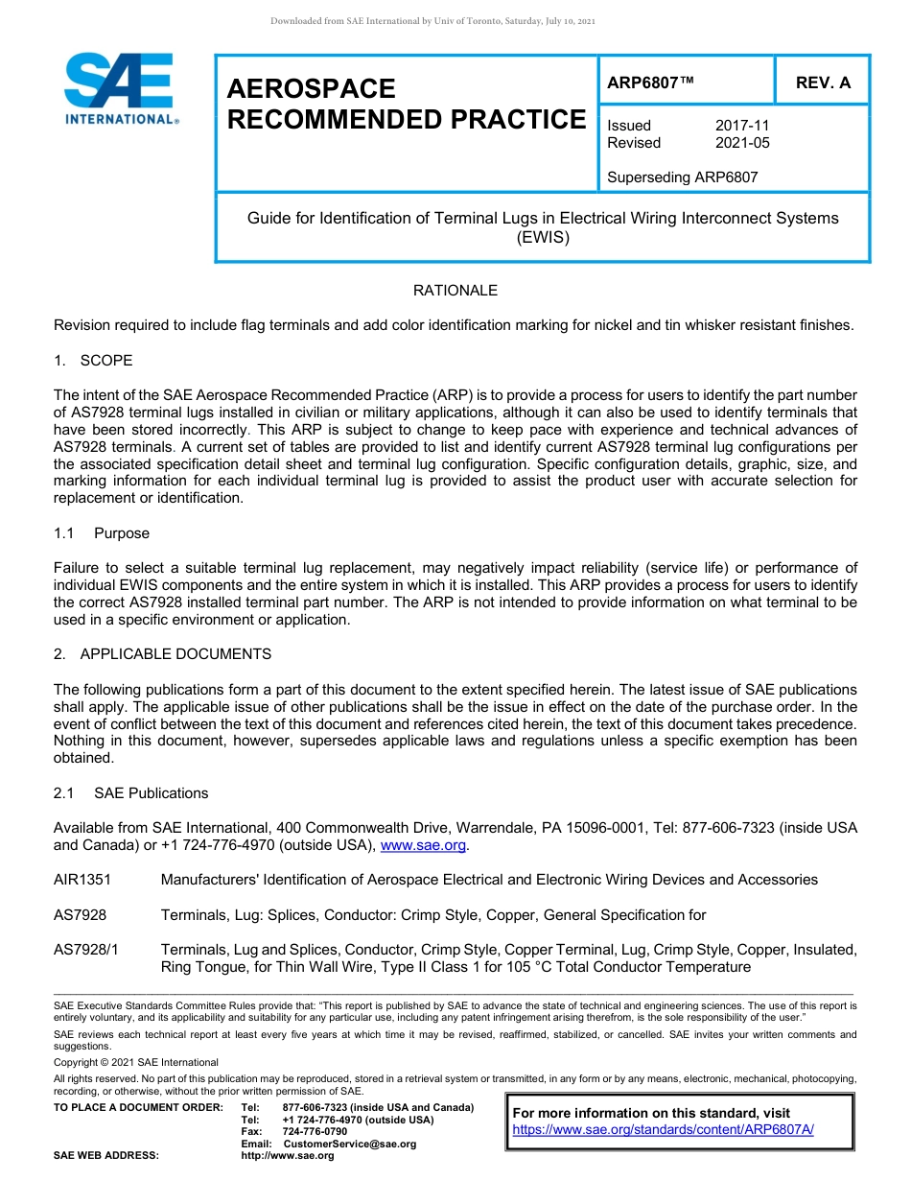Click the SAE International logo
click(120, 88)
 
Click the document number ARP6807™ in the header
click(650, 83)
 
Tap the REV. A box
click(823, 83)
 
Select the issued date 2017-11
click(742, 126)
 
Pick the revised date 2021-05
click(742, 143)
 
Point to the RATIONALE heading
click(455, 290)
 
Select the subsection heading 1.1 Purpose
click(102, 533)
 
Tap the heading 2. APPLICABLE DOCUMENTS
click(162, 654)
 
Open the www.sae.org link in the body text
click(423, 845)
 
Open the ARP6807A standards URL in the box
click(663, 1130)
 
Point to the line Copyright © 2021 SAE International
click(136, 1062)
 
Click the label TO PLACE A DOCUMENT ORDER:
click(138, 1108)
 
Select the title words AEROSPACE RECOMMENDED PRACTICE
click(406, 105)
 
